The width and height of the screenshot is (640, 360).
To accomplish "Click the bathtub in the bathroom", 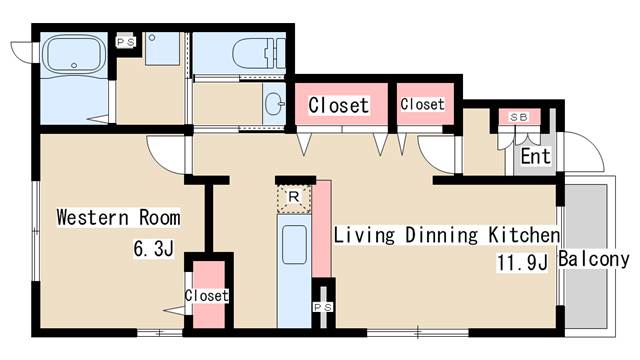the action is (x=74, y=56).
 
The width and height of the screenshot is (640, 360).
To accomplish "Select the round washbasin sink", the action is (x=274, y=104).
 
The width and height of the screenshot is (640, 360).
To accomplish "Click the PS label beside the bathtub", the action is (x=125, y=42).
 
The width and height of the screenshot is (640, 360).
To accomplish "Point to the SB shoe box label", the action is (x=519, y=117).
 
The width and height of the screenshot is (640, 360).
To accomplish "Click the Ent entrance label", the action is (x=536, y=156).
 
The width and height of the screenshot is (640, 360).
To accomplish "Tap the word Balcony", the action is (x=594, y=259).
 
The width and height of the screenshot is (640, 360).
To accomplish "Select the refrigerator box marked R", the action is (x=294, y=199).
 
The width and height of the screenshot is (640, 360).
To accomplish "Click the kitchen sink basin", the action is (x=294, y=245).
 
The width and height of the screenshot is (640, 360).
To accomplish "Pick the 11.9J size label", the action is (x=522, y=262).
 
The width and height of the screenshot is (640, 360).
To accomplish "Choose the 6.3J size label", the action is (x=154, y=249).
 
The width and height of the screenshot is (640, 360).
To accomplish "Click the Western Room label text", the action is (x=118, y=217).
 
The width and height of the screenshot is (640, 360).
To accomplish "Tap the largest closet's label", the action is (x=339, y=105).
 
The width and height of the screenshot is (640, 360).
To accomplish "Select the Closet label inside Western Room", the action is (x=207, y=296).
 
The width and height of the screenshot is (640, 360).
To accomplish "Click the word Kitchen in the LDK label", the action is (x=524, y=235).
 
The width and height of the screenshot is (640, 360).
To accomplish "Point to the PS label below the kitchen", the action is (x=323, y=307).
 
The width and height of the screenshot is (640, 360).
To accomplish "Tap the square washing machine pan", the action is (x=162, y=49).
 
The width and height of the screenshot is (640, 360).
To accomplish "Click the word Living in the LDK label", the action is (x=364, y=236).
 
